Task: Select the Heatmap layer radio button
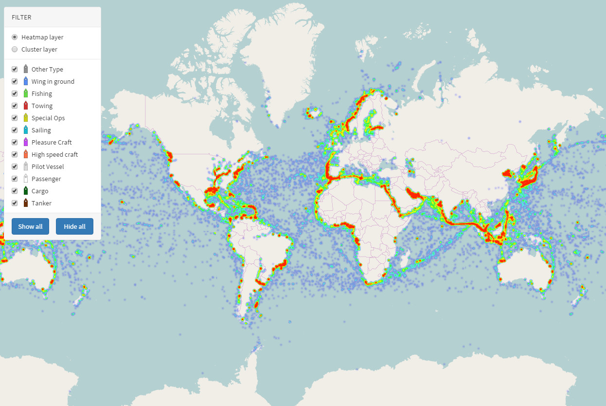pyautogui.click(x=15, y=37)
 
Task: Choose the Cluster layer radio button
pyautogui.click(x=15, y=49)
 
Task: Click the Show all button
pyautogui.click(x=30, y=226)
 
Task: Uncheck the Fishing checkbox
pyautogui.click(x=15, y=93)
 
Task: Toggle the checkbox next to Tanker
pyautogui.click(x=15, y=203)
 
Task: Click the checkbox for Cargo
pyautogui.click(x=15, y=191)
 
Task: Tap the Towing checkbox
pyautogui.click(x=15, y=106)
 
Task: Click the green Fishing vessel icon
pyautogui.click(x=26, y=93)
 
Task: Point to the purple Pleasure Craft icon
pyautogui.click(x=26, y=142)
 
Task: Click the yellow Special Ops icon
pyautogui.click(x=26, y=118)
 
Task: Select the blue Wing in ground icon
pyautogui.click(x=26, y=81)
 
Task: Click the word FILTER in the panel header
pyautogui.click(x=21, y=17)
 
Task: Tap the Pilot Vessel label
pyautogui.click(x=48, y=166)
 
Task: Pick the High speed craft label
pyautogui.click(x=54, y=154)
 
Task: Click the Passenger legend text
pyautogui.click(x=46, y=179)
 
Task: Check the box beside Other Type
pyautogui.click(x=15, y=69)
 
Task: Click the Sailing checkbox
pyautogui.click(x=15, y=130)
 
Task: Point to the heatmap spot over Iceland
pyautogui.click(x=312, y=114)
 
